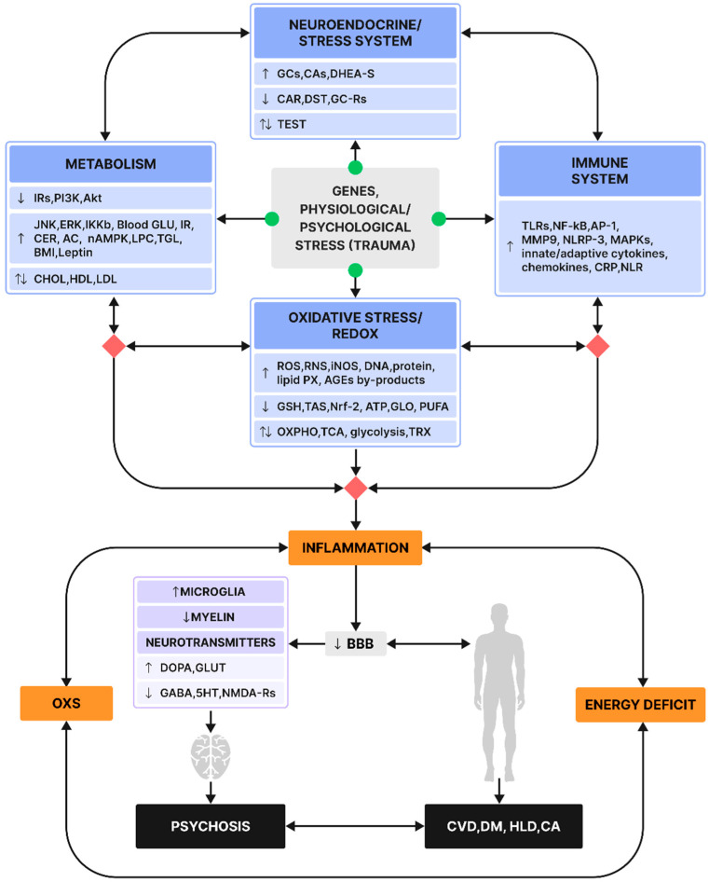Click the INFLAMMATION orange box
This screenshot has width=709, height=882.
click(x=355, y=547)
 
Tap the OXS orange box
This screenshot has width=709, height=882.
click(x=66, y=703)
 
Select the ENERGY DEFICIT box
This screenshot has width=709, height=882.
click(x=640, y=704)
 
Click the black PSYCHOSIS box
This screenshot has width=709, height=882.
click(x=211, y=826)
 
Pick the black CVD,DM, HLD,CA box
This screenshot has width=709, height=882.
click(x=503, y=826)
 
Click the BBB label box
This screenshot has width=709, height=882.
click(x=355, y=643)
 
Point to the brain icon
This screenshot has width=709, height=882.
click(x=211, y=756)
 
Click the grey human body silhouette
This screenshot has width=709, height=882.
click(x=499, y=692)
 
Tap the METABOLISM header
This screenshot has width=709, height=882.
click(x=111, y=164)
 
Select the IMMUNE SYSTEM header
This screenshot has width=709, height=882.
click(x=600, y=171)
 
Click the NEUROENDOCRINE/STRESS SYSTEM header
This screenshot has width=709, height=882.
click(x=355, y=33)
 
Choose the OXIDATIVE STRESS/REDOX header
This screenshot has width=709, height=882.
click(x=355, y=325)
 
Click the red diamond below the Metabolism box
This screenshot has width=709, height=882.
click(x=115, y=346)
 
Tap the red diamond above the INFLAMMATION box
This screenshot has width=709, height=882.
click(x=355, y=488)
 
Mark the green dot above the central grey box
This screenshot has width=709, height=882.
click(x=355, y=167)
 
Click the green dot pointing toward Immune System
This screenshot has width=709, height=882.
click(x=439, y=219)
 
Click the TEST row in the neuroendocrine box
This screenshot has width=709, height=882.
click(x=355, y=124)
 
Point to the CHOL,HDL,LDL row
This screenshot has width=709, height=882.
click(x=111, y=279)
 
